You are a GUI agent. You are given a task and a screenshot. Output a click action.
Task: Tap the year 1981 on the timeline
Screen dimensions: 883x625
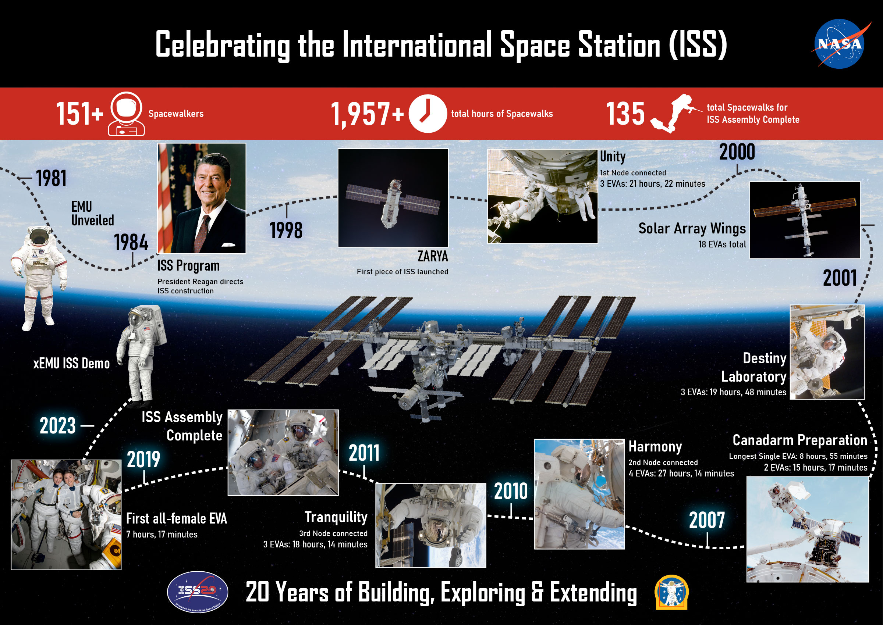point(51,178)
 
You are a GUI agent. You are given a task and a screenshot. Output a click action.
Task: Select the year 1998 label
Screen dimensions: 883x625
point(286,231)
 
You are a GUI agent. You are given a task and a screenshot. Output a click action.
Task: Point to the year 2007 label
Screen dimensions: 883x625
point(707,520)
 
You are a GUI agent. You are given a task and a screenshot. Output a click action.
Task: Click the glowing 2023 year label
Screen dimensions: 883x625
point(58,426)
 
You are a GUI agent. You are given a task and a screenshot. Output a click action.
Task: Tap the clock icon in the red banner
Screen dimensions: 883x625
point(428,114)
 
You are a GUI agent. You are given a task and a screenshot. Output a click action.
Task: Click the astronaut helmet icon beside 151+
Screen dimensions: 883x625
point(126,114)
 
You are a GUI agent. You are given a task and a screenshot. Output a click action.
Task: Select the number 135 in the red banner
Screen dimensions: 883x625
point(625,114)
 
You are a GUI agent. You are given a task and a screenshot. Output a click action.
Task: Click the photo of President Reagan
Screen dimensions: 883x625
point(201,198)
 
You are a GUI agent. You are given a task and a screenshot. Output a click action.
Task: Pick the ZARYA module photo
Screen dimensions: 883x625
point(393,198)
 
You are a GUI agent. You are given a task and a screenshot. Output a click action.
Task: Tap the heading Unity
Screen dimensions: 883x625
point(613,157)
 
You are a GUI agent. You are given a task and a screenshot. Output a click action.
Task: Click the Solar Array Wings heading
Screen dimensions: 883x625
point(692,229)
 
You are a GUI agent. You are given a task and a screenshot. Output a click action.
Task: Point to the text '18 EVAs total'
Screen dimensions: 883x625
point(722,244)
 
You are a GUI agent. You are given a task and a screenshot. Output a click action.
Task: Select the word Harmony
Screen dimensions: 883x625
point(655,447)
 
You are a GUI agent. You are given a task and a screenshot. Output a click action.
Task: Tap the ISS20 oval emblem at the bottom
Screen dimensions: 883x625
point(198,592)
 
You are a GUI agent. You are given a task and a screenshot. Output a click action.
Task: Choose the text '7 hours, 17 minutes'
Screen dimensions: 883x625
point(162,535)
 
